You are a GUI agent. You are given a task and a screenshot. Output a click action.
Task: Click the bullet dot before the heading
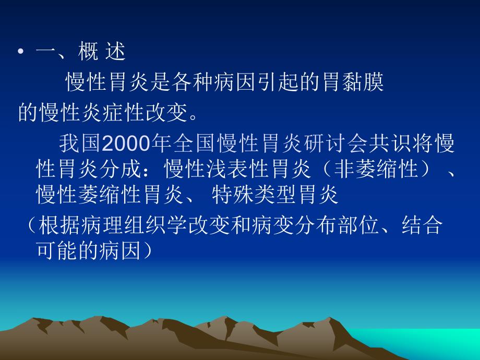point(21,53)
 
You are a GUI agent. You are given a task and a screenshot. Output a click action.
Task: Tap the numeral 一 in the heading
point(45,53)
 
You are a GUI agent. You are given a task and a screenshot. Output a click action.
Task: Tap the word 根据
point(58,226)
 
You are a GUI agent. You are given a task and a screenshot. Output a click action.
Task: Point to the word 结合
point(423,226)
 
